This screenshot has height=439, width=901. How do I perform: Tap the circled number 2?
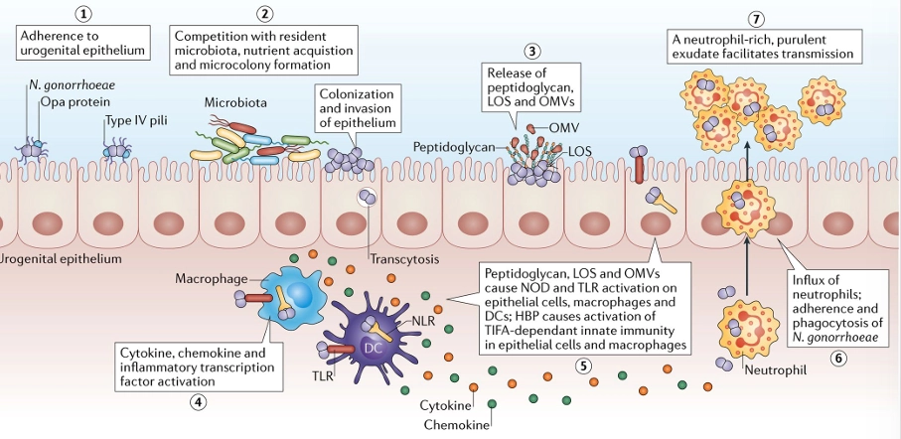263,14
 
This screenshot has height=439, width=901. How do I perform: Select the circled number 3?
534,51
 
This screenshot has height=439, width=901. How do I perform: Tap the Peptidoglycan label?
453,146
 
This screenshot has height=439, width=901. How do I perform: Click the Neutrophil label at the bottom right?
775,367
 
